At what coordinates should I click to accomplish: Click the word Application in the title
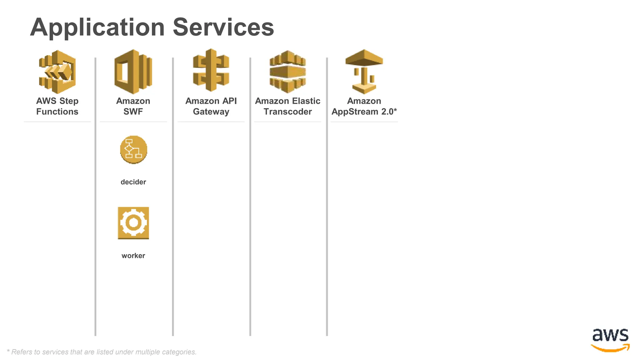(x=97, y=27)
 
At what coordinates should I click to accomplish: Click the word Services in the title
(x=223, y=27)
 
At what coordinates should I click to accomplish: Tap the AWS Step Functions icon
(x=57, y=72)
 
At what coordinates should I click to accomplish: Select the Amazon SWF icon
(x=133, y=72)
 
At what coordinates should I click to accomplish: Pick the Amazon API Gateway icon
(x=211, y=70)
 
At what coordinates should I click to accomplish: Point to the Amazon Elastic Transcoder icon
(x=287, y=72)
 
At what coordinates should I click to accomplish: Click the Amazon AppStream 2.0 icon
(x=364, y=72)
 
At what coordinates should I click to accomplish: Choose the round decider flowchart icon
(x=133, y=149)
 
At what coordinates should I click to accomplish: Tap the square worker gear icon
(x=133, y=223)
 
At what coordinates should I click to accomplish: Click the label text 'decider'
(x=133, y=182)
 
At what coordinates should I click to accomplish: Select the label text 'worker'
(x=133, y=256)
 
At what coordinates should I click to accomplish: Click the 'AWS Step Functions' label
(x=57, y=106)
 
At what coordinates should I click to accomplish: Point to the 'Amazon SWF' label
(x=133, y=106)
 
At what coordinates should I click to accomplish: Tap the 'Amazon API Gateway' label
(x=211, y=106)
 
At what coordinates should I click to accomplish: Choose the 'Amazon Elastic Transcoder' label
(x=287, y=106)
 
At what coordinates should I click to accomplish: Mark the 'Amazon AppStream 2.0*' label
(x=364, y=106)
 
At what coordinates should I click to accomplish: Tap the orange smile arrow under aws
(x=610, y=348)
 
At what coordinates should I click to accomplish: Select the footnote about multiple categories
(x=102, y=352)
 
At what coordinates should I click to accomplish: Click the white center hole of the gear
(x=133, y=222)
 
